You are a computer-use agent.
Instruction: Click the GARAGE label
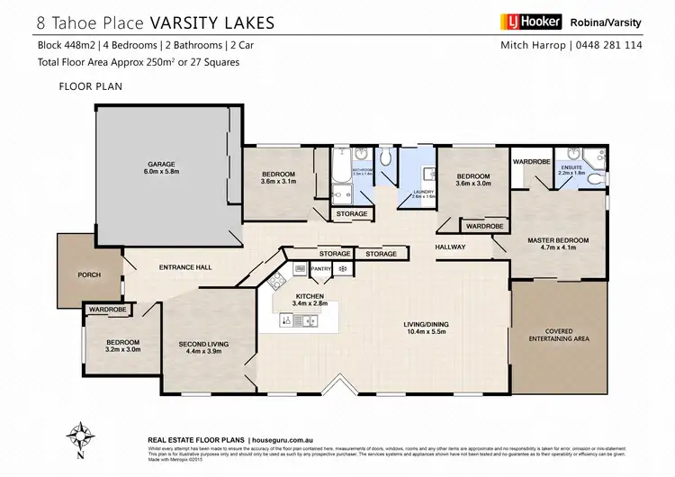pyautogui.click(x=161, y=165)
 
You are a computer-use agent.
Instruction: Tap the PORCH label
pyautogui.click(x=89, y=274)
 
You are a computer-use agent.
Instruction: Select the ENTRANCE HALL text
pyautogui.click(x=184, y=267)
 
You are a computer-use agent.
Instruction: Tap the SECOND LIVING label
pyautogui.click(x=203, y=344)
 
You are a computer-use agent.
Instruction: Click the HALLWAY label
pyautogui.click(x=450, y=247)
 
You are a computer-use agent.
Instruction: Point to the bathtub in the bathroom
pyautogui.click(x=339, y=175)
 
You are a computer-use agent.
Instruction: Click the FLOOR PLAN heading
pyautogui.click(x=85, y=88)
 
